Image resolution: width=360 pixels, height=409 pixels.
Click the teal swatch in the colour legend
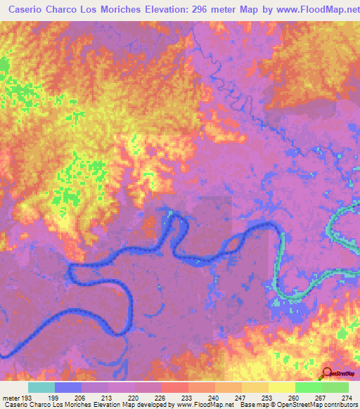coord(41,387)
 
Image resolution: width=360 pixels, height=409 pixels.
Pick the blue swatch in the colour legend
coord(67,387)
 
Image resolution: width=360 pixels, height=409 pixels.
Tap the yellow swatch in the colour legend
coord(281,387)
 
